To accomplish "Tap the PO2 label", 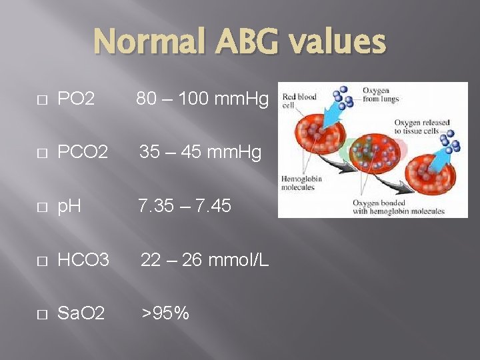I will pos(77,100).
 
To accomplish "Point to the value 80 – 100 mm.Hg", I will pos(203,100).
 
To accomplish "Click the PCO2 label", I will pos(83,153).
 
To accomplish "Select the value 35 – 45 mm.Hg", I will pos(201,153).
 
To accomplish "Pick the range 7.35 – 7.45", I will pos(185,206).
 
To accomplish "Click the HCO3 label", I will pos(83,259).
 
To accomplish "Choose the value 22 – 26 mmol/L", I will pos(205,259).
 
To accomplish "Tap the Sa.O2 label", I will pos(81,312).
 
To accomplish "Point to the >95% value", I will pos(164,312).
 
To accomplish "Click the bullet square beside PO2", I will pos(42,101).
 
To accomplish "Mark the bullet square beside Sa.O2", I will pos(42,313).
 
